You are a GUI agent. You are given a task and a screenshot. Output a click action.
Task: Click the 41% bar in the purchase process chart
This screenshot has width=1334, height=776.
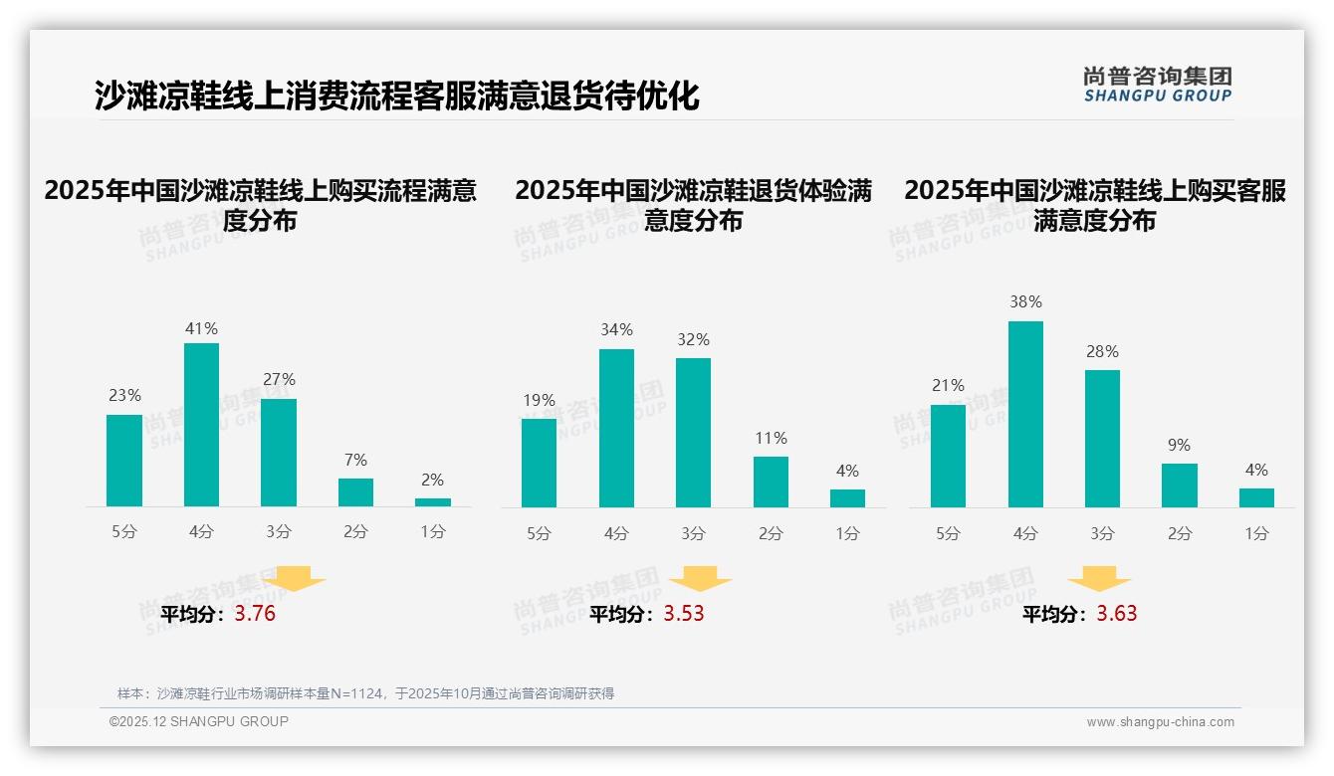(x=202, y=425)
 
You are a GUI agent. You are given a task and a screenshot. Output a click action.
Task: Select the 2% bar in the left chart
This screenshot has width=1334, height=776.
(x=433, y=502)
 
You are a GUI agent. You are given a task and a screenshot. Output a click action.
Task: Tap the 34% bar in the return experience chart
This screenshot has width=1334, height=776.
(x=616, y=428)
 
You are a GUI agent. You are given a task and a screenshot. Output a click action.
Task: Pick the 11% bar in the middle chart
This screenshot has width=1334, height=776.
(x=771, y=482)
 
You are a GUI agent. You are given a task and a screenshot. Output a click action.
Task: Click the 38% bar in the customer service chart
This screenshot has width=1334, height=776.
(x=1025, y=414)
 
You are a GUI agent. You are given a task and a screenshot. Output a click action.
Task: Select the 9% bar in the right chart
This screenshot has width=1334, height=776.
(x=1180, y=485)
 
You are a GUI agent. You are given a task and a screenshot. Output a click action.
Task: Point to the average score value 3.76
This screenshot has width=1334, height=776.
(x=255, y=614)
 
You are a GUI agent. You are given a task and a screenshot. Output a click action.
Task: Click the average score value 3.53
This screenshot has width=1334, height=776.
(x=684, y=614)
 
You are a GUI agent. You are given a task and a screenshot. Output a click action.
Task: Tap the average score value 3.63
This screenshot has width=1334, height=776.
(x=1117, y=614)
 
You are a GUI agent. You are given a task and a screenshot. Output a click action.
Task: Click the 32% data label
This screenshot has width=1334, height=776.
(x=694, y=340)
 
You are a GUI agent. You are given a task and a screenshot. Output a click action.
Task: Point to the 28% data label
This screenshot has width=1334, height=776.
(x=1102, y=352)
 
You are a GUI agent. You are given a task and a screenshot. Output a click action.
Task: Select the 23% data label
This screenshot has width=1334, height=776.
(x=124, y=396)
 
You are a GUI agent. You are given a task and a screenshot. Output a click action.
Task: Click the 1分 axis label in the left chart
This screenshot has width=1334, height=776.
(x=433, y=532)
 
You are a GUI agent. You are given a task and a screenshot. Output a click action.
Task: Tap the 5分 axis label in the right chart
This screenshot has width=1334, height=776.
(x=948, y=534)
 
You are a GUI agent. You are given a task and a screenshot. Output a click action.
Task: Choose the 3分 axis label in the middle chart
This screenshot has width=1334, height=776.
(x=694, y=534)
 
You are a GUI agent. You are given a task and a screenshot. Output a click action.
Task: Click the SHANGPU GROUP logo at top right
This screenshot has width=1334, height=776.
(x=1157, y=85)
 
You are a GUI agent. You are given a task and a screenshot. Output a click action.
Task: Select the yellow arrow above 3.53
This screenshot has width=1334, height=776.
(x=700, y=580)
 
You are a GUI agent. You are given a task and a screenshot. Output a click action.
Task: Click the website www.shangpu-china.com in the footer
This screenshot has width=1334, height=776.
(x=1160, y=722)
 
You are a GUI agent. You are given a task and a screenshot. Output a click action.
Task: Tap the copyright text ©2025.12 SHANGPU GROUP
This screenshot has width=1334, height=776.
(x=199, y=721)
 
